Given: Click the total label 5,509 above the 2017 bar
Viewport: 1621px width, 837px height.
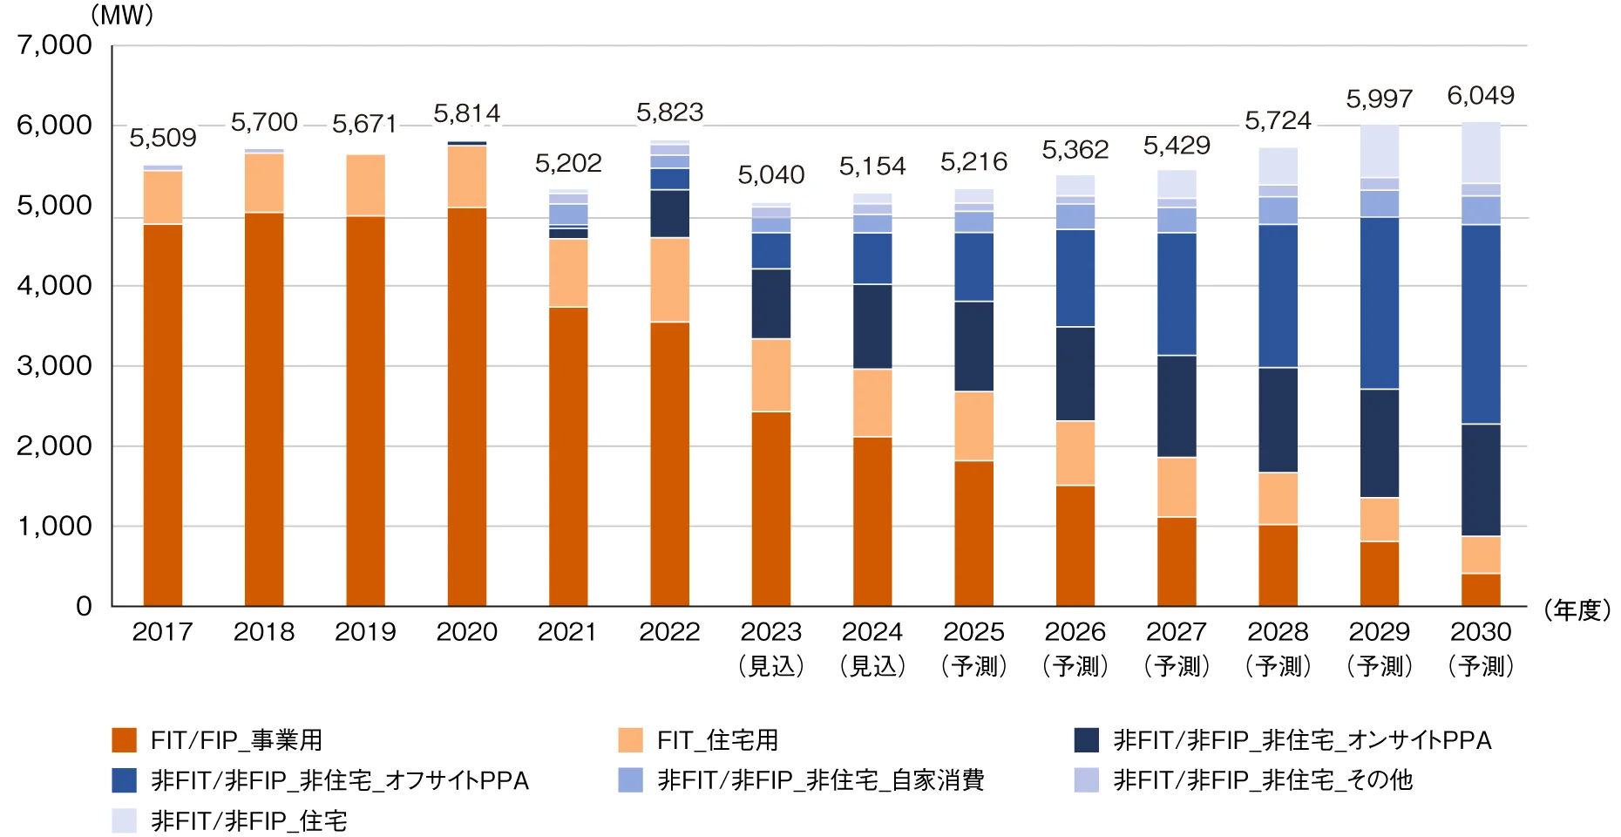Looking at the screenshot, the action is (163, 138).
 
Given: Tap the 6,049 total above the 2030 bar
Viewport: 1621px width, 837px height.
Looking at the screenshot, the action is (1481, 96).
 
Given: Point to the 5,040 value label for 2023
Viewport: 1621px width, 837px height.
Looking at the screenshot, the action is (771, 175).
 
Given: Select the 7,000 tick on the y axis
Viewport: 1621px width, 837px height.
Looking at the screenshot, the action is (54, 44).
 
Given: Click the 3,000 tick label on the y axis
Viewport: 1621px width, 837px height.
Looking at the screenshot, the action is (54, 365).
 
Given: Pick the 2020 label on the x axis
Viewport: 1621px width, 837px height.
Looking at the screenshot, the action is (467, 631).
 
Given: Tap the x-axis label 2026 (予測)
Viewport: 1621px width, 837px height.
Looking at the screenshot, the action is (1075, 648).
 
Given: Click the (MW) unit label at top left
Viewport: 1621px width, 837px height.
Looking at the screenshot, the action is (122, 15).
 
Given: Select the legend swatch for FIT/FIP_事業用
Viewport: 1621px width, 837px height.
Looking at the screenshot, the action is (125, 739).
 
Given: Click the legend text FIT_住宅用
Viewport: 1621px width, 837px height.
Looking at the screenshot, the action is (717, 740).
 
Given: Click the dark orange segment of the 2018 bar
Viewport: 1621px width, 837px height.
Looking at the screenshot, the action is (264, 409).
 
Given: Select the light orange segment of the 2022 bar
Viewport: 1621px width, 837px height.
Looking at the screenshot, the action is (669, 280).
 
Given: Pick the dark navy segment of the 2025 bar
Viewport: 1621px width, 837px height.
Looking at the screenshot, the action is (973, 346).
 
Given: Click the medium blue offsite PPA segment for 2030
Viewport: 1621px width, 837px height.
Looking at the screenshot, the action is (1481, 324).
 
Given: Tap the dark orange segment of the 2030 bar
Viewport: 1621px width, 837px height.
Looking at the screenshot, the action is (1481, 589).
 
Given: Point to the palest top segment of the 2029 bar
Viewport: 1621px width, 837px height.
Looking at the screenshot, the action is (1380, 152).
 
